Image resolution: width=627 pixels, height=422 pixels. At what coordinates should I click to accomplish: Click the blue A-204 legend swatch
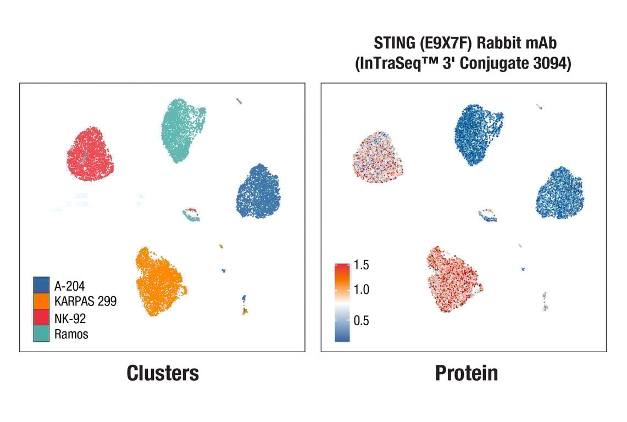click(41, 285)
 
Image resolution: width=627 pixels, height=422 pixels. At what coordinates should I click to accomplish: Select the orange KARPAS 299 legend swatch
click(41, 301)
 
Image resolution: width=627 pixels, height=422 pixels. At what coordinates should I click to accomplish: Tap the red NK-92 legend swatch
click(41, 317)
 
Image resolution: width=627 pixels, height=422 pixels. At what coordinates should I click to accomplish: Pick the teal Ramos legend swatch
click(41, 333)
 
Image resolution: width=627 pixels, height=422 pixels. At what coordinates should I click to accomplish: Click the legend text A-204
click(69, 285)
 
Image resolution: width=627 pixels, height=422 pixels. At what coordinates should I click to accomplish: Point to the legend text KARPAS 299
click(85, 301)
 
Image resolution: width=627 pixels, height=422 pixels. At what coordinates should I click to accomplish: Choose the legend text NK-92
click(70, 317)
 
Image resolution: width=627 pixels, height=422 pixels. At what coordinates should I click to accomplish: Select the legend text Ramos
click(71, 333)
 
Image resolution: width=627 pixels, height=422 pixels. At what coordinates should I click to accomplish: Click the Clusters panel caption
click(163, 373)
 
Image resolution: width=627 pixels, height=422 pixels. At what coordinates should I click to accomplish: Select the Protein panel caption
click(467, 373)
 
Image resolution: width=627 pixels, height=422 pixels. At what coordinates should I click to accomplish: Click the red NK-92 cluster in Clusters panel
click(90, 154)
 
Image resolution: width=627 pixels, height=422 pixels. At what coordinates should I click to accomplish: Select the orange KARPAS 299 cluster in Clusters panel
click(159, 281)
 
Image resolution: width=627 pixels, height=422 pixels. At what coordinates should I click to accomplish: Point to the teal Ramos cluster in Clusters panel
click(182, 129)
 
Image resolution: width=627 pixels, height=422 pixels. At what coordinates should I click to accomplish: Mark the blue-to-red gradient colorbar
click(342, 303)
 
